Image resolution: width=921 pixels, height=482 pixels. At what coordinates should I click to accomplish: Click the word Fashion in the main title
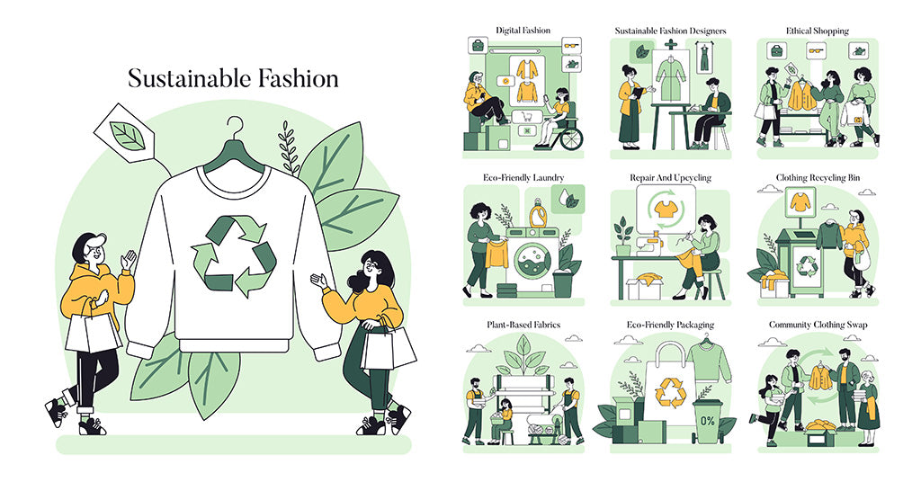pos(290,78)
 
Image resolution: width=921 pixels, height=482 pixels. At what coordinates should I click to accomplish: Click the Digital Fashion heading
pos(522,31)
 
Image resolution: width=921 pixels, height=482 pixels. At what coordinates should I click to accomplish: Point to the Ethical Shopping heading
pos(817,31)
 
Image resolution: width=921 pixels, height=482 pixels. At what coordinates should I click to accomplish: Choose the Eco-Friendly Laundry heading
pos(523,178)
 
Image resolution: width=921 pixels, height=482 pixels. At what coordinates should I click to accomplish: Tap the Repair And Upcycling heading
pos(670,178)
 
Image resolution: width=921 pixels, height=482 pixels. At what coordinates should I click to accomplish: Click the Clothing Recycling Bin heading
pos(818,178)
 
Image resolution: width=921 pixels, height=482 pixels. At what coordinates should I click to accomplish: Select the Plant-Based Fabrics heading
pos(523,325)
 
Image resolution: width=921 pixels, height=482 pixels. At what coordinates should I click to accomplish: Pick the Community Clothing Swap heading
pos(818,325)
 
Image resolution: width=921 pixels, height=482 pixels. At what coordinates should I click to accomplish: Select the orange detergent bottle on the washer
pos(540,215)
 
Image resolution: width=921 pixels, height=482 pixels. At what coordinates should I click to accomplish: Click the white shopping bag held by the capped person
pos(93,329)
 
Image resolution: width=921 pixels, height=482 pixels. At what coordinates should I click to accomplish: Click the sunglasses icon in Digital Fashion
pos(570,45)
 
